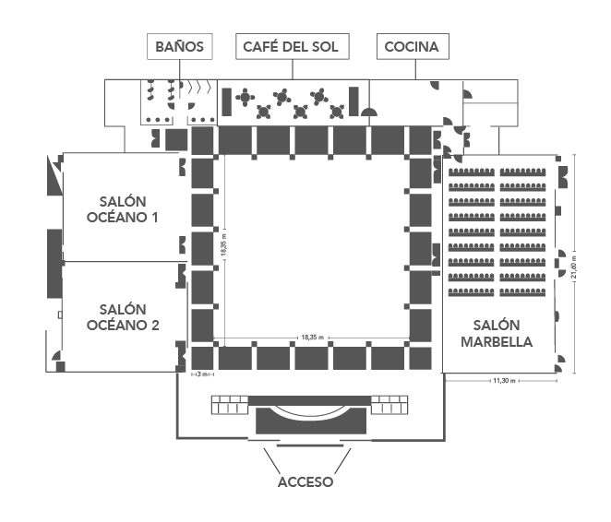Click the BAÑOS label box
pyautogui.click(x=180, y=46)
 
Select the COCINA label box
pyautogui.click(x=413, y=46)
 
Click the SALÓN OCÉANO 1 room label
pyautogui.click(x=123, y=209)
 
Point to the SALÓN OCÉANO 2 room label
pyautogui.click(x=123, y=317)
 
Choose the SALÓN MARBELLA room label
pyautogui.click(x=497, y=333)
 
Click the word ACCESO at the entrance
pyautogui.click(x=305, y=482)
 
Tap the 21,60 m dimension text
pyautogui.click(x=573, y=267)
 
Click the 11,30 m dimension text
pyautogui.click(x=504, y=381)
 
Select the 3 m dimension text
pyautogui.click(x=202, y=374)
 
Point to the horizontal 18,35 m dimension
pyautogui.click(x=313, y=338)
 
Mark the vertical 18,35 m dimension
pyautogui.click(x=223, y=244)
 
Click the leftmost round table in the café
pyautogui.click(x=245, y=97)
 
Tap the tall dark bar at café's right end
pyautogui.click(x=353, y=101)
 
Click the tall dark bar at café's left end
pyautogui.click(x=226, y=101)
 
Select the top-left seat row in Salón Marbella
pyautogui.click(x=472, y=172)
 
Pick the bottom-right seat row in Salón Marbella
pyautogui.click(x=522, y=292)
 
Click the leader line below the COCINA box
pyautogui.click(x=415, y=70)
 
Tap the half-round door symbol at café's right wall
pyautogui.click(x=369, y=113)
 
